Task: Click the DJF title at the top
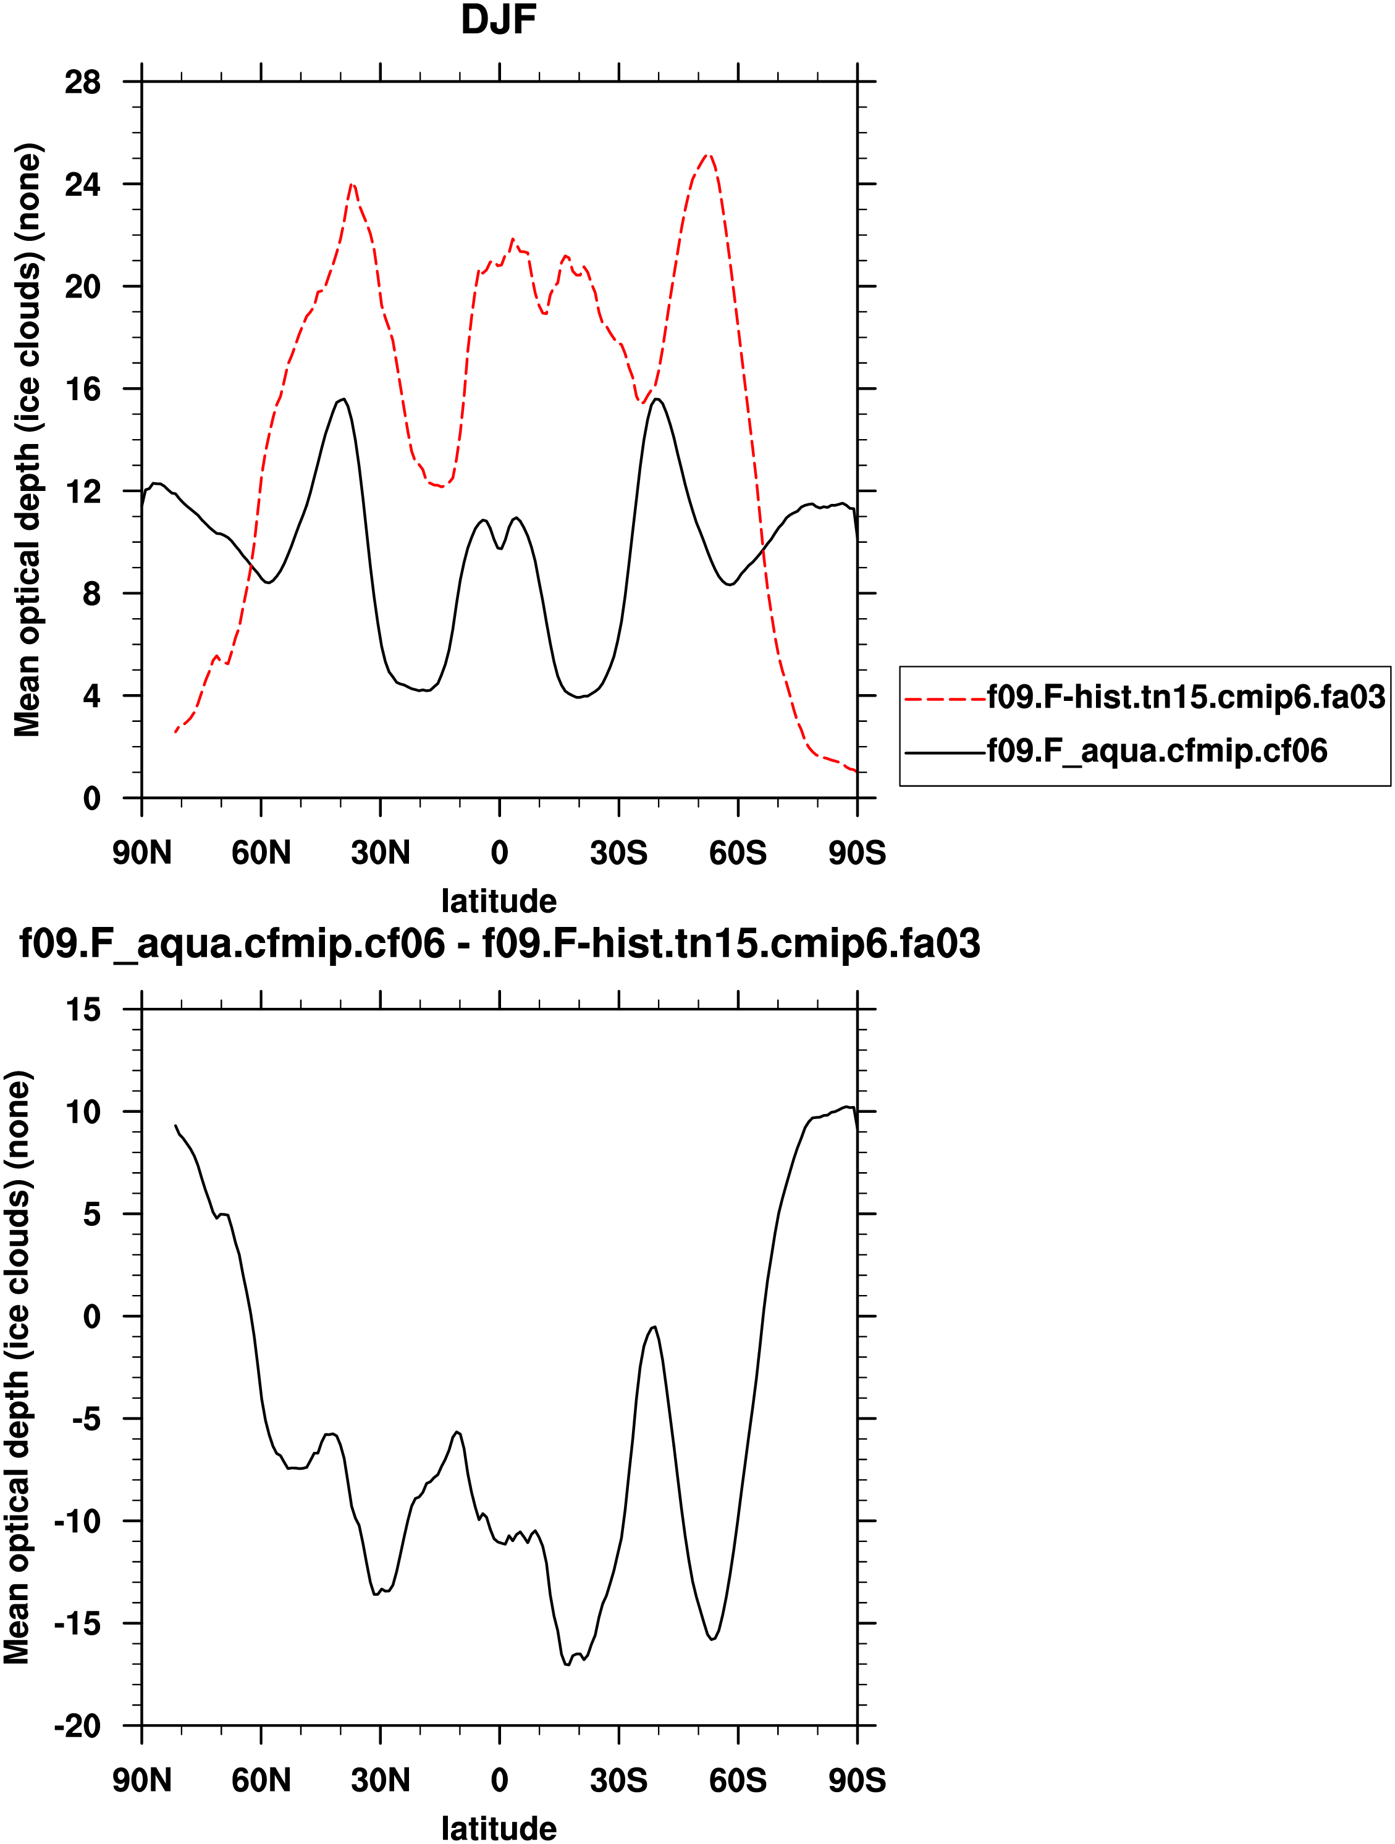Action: pyautogui.click(x=498, y=20)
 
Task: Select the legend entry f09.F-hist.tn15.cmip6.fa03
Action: pyautogui.click(x=1186, y=697)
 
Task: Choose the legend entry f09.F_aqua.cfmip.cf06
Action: pyautogui.click(x=1157, y=751)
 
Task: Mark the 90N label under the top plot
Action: pyautogui.click(x=141, y=853)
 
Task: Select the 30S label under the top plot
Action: pyautogui.click(x=618, y=853)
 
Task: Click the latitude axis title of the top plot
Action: pyautogui.click(x=499, y=901)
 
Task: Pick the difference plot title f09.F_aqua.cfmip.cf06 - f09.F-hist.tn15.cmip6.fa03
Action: pyautogui.click(x=499, y=944)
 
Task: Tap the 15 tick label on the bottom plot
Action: pyautogui.click(x=83, y=1010)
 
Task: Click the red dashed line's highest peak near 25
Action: pyautogui.click(x=707, y=155)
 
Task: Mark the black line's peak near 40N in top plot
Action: pyautogui.click(x=343, y=400)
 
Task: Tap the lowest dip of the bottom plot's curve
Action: pyautogui.click(x=567, y=1665)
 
